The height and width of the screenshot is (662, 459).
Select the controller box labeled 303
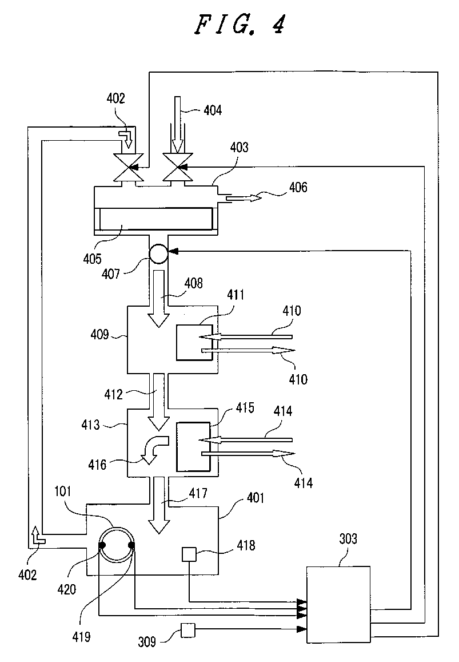pyautogui.click(x=338, y=604)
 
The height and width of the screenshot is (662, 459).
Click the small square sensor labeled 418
pyautogui.click(x=189, y=554)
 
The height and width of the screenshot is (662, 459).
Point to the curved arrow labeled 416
pyautogui.click(x=154, y=449)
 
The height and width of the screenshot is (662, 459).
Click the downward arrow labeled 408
pyautogui.click(x=159, y=299)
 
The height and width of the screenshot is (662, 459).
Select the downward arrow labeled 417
pyautogui.click(x=159, y=505)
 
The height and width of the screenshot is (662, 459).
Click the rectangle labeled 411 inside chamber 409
pyautogui.click(x=194, y=342)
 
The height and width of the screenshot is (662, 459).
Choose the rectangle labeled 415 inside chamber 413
pyautogui.click(x=193, y=447)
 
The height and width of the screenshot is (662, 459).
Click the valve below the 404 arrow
pyautogui.click(x=177, y=168)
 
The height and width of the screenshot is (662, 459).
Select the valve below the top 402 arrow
pyautogui.click(x=128, y=168)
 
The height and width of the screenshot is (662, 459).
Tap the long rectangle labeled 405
pyautogui.click(x=155, y=219)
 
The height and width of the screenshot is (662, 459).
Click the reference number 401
pyautogui.click(x=256, y=498)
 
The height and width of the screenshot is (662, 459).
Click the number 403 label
pyautogui.click(x=239, y=148)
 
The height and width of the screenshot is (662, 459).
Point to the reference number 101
pyautogui.click(x=63, y=491)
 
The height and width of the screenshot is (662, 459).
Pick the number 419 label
pyautogui.click(x=81, y=636)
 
